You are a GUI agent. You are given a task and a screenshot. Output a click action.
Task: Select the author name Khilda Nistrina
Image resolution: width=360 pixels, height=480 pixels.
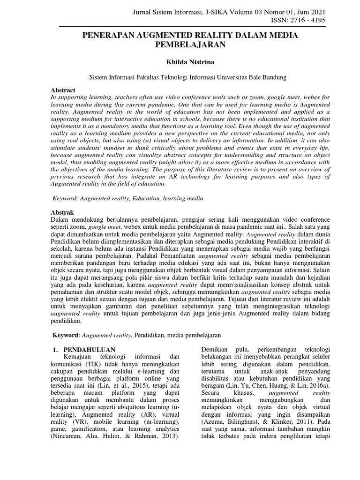point(180,61)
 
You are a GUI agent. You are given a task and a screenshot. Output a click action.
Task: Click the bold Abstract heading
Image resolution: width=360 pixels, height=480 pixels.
point(63,90)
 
